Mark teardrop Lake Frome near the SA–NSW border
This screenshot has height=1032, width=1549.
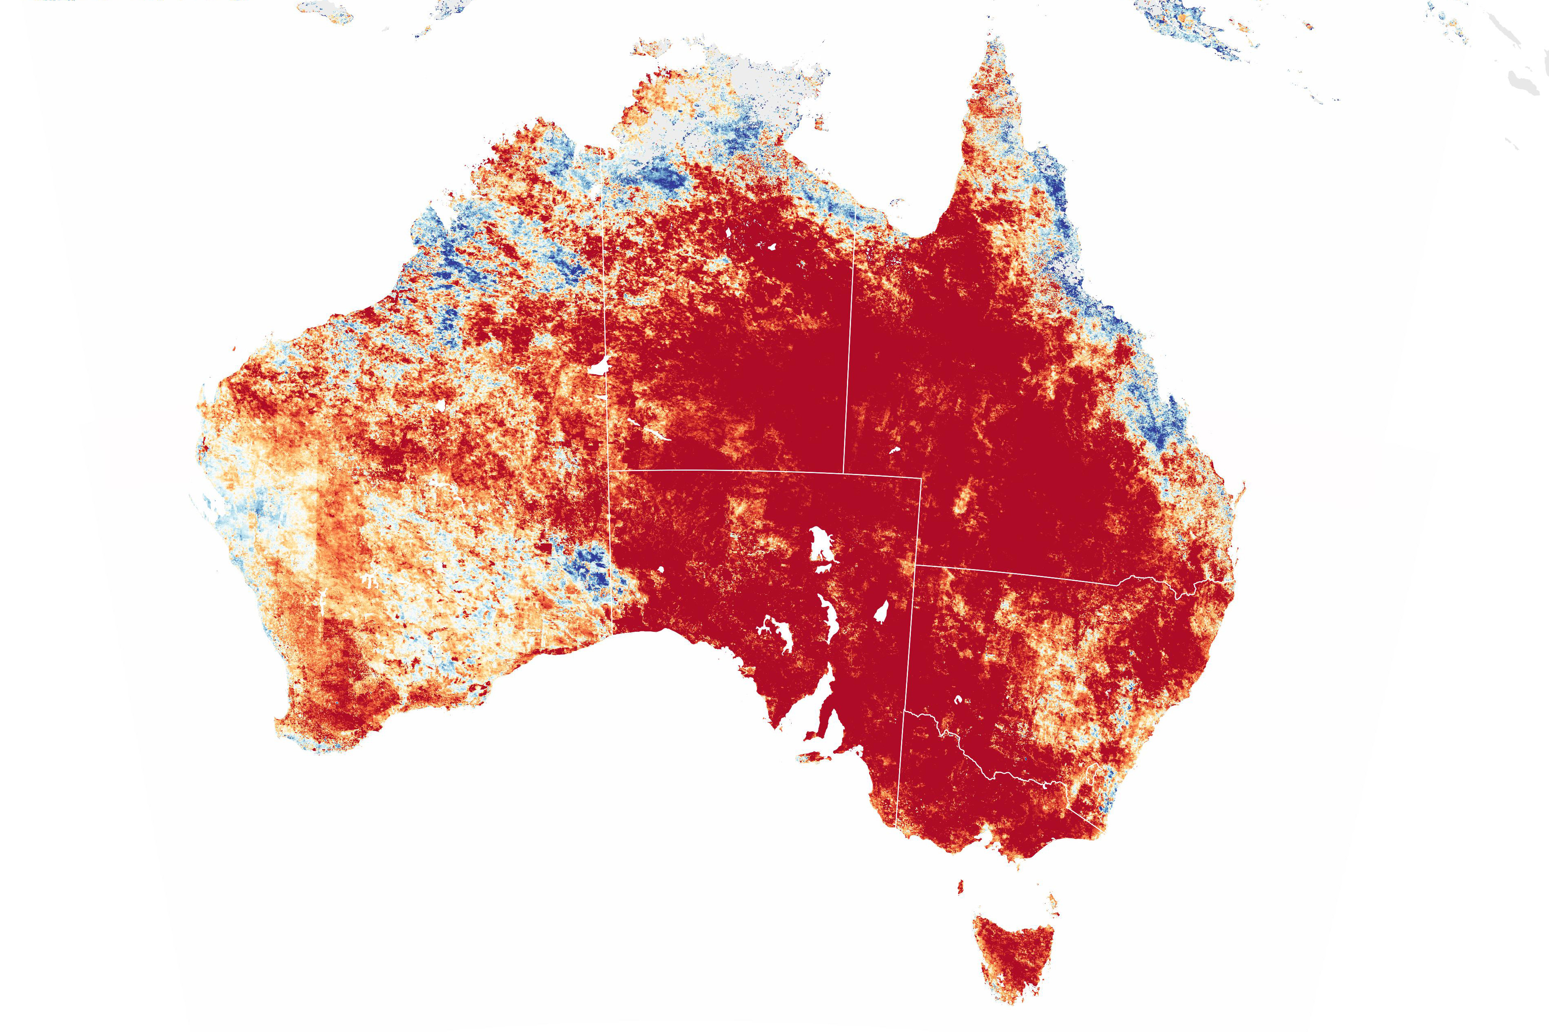881,612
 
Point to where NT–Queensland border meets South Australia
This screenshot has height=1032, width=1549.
844,473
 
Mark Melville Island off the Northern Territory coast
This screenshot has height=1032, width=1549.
652,47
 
